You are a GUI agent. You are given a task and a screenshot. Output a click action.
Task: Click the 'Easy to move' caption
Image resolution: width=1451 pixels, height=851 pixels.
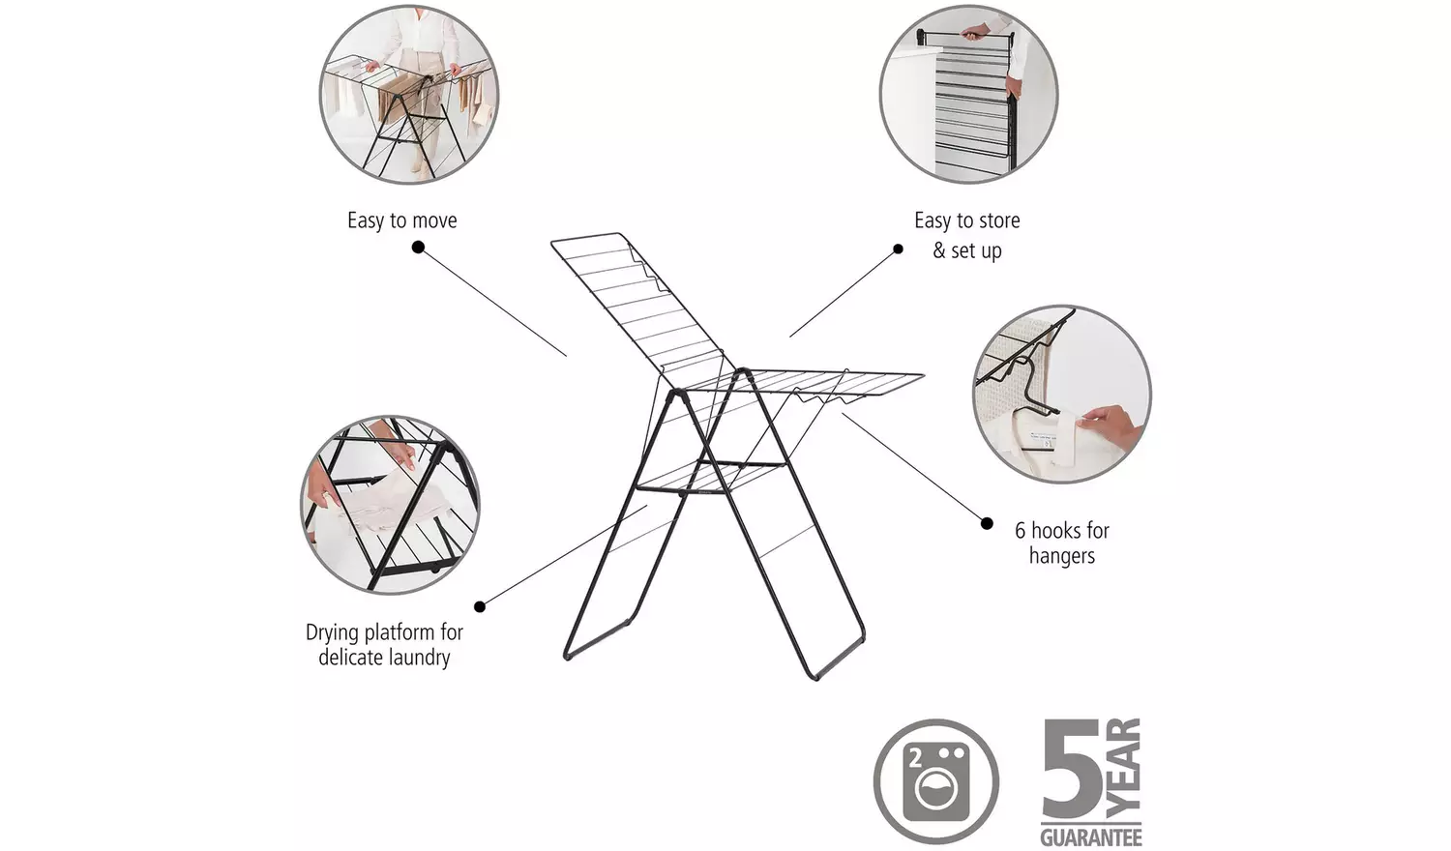pyautogui.click(x=401, y=220)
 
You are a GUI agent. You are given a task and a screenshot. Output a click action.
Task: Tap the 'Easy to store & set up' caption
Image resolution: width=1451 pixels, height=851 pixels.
pyautogui.click(x=966, y=235)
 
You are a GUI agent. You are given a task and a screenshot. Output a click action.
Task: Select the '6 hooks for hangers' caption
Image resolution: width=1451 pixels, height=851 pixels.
pyautogui.click(x=1061, y=543)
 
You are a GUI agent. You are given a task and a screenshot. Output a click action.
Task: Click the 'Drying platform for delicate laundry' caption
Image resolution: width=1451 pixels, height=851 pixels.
pyautogui.click(x=384, y=644)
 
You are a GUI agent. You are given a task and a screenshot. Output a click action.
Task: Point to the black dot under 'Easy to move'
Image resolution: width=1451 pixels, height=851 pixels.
pyautogui.click(x=418, y=248)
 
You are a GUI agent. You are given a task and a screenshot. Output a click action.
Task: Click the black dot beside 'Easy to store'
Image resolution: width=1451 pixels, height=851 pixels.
pyautogui.click(x=898, y=249)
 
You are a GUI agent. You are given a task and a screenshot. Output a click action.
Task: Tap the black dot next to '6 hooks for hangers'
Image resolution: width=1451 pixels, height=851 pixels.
pyautogui.click(x=987, y=523)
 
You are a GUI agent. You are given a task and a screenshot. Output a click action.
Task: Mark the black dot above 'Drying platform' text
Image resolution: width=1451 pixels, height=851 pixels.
pyautogui.click(x=480, y=606)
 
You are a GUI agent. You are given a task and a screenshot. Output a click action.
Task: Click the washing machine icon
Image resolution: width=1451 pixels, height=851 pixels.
pyautogui.click(x=935, y=780)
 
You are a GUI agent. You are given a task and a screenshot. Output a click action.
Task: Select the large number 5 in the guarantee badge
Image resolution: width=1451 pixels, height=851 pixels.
pyautogui.click(x=1072, y=771)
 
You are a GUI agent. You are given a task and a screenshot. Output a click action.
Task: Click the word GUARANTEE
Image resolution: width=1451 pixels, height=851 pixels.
pyautogui.click(x=1091, y=836)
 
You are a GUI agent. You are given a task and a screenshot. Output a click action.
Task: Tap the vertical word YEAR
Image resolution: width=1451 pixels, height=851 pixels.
pyautogui.click(x=1124, y=768)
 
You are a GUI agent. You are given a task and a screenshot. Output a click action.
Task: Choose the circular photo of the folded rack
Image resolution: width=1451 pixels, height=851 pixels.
pyautogui.click(x=968, y=94)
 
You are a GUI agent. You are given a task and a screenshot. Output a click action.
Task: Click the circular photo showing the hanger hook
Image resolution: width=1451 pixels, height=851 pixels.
pyautogui.click(x=1061, y=394)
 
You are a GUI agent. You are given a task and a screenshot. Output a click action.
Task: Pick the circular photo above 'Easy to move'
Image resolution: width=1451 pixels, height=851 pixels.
pyautogui.click(x=408, y=94)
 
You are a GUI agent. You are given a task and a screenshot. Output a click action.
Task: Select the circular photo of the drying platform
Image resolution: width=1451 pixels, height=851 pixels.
pyautogui.click(x=390, y=504)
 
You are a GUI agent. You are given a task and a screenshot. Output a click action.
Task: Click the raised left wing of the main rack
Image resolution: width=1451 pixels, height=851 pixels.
pyautogui.click(x=638, y=300)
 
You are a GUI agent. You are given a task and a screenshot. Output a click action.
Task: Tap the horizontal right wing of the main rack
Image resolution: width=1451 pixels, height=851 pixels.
pyautogui.click(x=832, y=383)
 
